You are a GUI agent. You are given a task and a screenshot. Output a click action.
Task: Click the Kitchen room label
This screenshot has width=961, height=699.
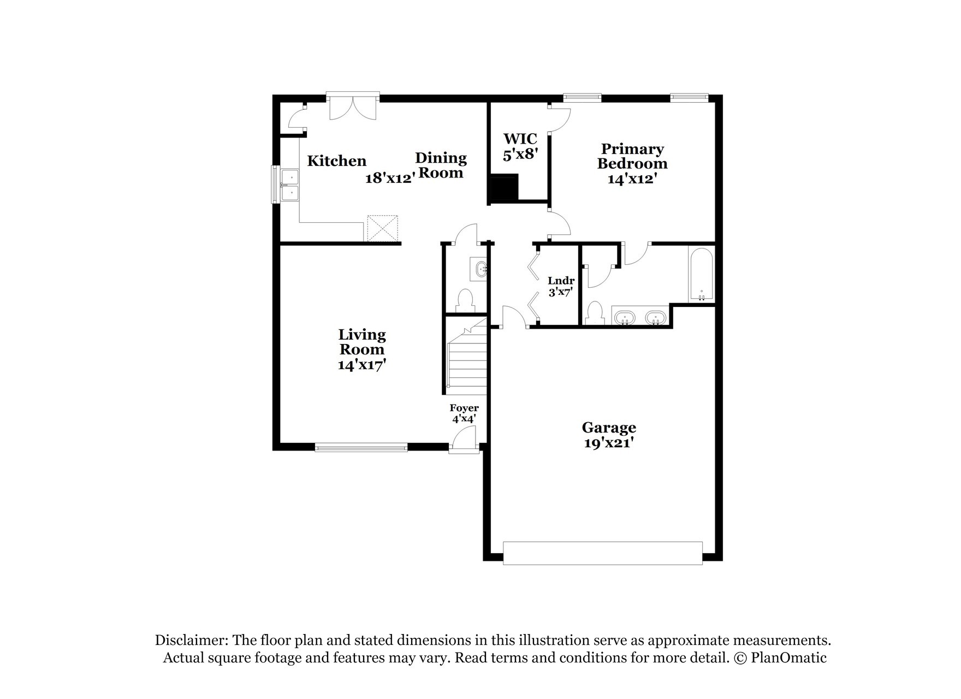336,161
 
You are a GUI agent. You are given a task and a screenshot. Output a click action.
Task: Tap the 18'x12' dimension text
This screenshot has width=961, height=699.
390,178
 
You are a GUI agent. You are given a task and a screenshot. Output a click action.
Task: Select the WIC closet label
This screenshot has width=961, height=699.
520,139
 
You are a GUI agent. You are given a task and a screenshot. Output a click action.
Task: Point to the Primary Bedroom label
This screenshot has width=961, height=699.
632,156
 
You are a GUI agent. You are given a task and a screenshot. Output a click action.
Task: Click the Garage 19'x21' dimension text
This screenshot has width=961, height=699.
608,443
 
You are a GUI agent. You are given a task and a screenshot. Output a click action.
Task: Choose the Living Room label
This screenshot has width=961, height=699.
362,342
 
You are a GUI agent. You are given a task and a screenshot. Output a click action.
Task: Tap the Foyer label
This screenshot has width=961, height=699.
464,408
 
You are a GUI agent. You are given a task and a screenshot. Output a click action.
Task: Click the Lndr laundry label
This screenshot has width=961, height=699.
561,281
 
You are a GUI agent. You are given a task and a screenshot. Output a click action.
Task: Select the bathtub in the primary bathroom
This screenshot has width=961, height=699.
701,274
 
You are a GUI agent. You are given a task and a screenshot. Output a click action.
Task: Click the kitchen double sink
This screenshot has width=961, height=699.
289,186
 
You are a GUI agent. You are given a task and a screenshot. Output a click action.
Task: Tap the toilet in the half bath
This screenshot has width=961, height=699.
465,300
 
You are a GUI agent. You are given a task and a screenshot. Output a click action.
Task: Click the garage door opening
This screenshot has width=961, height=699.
602,553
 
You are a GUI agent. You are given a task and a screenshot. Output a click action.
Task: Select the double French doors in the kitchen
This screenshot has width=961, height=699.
353,108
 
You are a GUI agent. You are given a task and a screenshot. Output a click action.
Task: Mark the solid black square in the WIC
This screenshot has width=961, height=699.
503,188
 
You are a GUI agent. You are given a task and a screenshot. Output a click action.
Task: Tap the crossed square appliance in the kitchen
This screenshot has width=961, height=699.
382,228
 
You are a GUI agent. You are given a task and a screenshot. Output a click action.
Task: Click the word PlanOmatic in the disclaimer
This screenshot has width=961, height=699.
788,657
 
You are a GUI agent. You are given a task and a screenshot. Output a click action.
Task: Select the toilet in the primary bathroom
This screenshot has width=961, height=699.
594,313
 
